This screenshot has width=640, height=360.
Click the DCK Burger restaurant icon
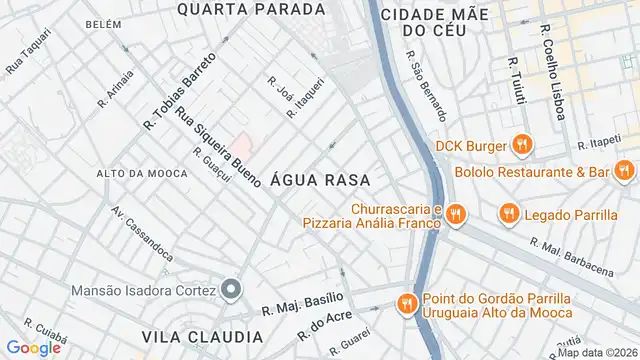point(520,146)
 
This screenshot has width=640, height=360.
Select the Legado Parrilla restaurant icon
point(509,212)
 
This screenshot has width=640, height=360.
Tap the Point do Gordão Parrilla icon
point(406,302)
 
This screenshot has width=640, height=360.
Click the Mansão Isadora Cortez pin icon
point(232,291)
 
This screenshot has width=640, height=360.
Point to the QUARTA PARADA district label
point(251,9)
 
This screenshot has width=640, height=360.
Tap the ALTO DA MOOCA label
point(141,173)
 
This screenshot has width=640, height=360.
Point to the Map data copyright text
point(597,352)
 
